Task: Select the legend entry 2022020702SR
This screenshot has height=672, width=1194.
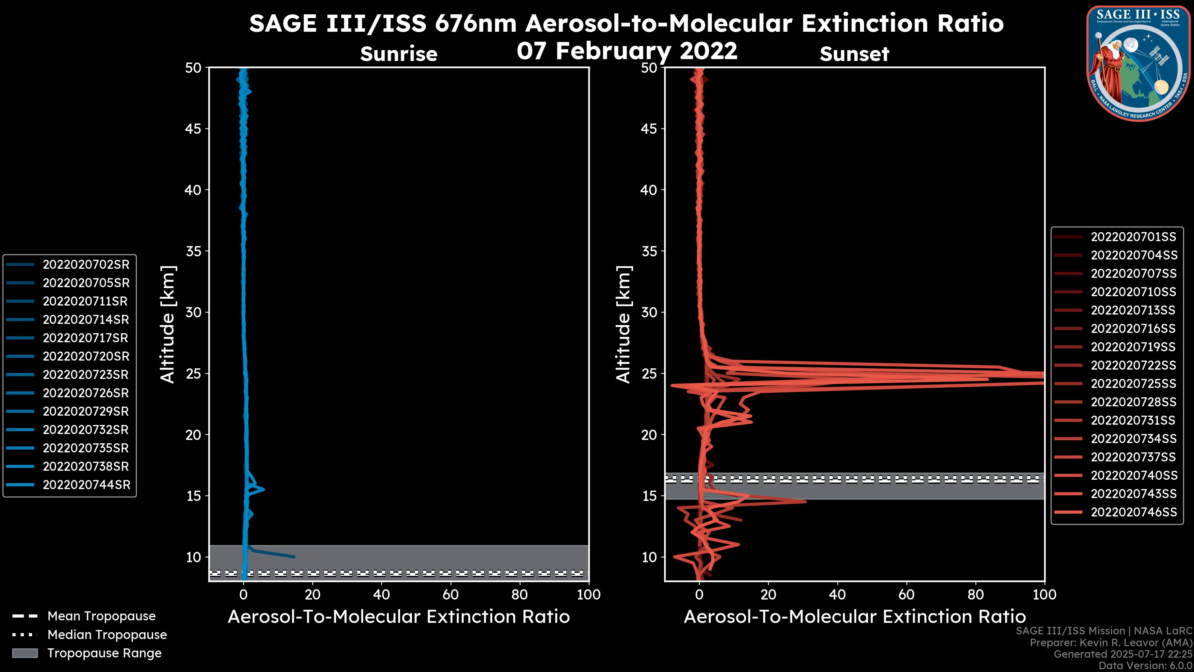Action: click(x=86, y=264)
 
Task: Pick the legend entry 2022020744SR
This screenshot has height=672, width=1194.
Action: click(x=86, y=485)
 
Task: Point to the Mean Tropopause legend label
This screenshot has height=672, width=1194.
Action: click(x=101, y=616)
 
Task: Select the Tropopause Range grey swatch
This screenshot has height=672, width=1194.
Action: click(x=25, y=653)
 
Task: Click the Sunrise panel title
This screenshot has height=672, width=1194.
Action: click(x=399, y=54)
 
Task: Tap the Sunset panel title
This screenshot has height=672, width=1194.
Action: click(x=854, y=54)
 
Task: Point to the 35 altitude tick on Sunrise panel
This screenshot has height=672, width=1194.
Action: click(x=193, y=251)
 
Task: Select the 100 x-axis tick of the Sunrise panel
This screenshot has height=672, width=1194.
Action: click(x=589, y=595)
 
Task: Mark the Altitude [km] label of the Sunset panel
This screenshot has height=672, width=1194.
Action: click(x=624, y=324)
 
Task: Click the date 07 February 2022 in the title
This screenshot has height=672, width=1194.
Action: click(x=627, y=50)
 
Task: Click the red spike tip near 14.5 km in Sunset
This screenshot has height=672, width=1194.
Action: click(x=806, y=501)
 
